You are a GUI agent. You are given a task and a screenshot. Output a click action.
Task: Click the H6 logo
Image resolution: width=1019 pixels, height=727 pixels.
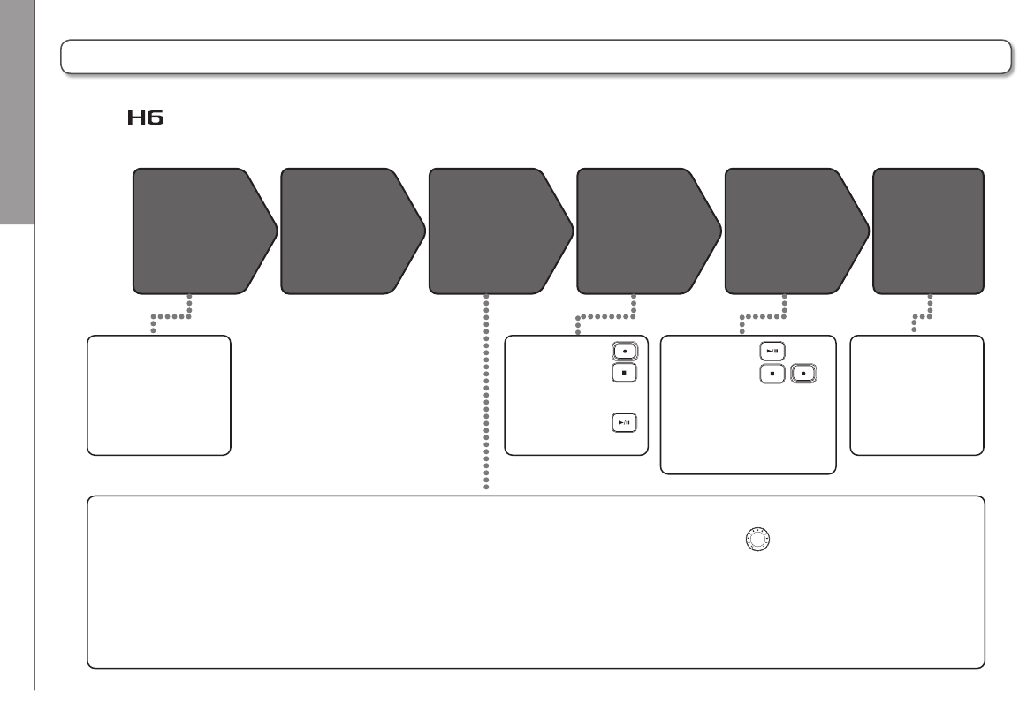pyautogui.click(x=145, y=118)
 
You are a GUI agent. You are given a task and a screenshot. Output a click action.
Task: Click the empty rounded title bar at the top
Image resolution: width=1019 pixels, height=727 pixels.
pyautogui.click(x=535, y=56)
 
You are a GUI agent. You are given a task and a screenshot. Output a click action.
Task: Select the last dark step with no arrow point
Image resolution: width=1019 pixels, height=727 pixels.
pyautogui.click(x=928, y=230)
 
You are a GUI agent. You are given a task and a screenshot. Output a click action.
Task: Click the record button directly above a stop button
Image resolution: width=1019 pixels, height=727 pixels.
pyautogui.click(x=624, y=350)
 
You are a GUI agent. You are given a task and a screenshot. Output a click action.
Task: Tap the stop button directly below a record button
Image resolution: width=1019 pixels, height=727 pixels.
pyautogui.click(x=624, y=374)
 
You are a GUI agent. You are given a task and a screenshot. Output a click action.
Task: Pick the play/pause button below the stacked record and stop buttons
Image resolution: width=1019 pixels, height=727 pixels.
pyautogui.click(x=624, y=423)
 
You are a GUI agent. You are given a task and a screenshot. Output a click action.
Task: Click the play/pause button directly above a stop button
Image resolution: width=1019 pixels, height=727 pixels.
pyautogui.click(x=772, y=352)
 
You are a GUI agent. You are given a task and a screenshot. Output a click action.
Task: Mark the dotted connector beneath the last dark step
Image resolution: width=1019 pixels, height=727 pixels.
pyautogui.click(x=921, y=315)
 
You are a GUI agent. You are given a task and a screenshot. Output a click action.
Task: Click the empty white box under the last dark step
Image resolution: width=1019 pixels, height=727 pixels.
pyautogui.click(x=916, y=395)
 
